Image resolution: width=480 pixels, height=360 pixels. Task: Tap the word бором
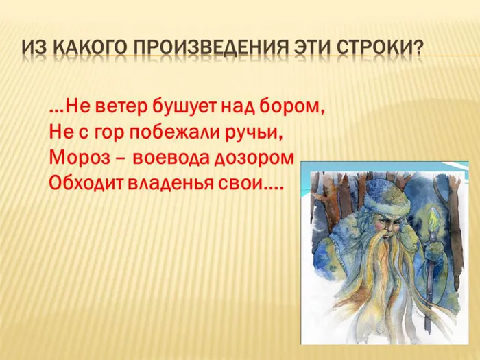click(293, 108)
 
